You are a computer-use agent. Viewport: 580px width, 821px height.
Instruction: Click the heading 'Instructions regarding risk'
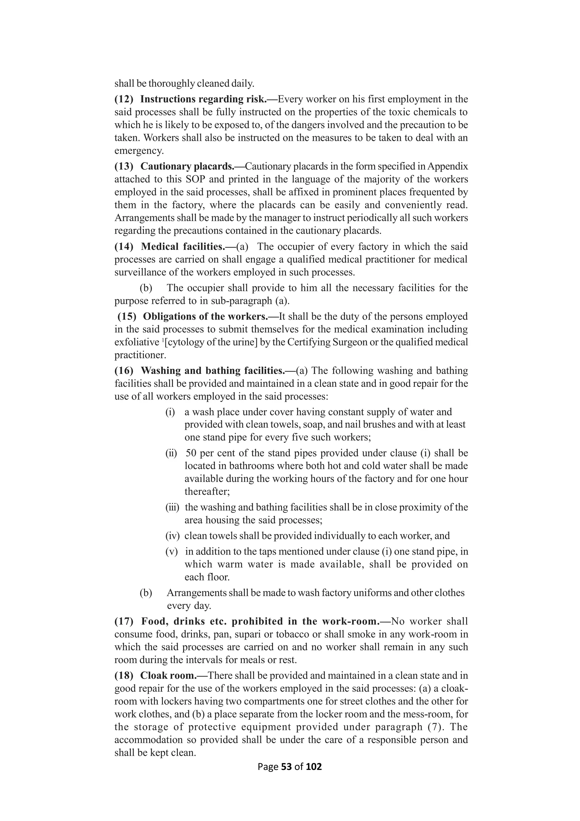point(206,99)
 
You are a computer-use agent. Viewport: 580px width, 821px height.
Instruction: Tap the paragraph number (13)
point(123,166)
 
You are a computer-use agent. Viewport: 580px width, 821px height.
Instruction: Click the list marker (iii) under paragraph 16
point(172,507)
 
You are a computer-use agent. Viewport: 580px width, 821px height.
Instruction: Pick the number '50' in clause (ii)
point(191,453)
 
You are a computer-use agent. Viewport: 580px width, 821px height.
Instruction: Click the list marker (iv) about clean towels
point(172,536)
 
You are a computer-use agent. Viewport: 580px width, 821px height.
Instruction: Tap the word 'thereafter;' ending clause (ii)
point(207,491)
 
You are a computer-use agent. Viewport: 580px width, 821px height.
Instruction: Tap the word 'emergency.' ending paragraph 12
point(139,151)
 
